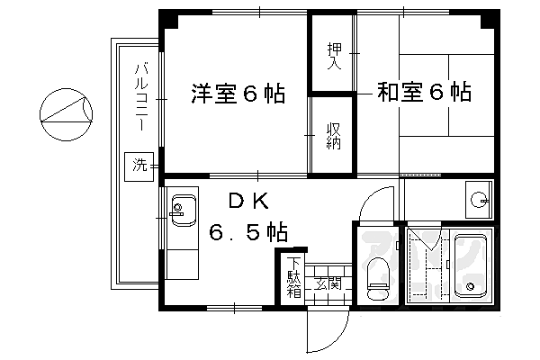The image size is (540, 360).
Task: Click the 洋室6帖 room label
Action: (x=238, y=93)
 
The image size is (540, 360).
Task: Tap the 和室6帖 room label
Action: (x=424, y=92)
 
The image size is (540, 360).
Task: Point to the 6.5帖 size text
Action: (x=249, y=233)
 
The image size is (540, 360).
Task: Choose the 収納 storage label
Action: (x=332, y=138)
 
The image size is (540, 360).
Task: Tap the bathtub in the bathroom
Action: (x=470, y=266)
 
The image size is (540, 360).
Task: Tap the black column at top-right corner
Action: (x=490, y=18)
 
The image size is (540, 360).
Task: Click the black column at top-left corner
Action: (x=168, y=18)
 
